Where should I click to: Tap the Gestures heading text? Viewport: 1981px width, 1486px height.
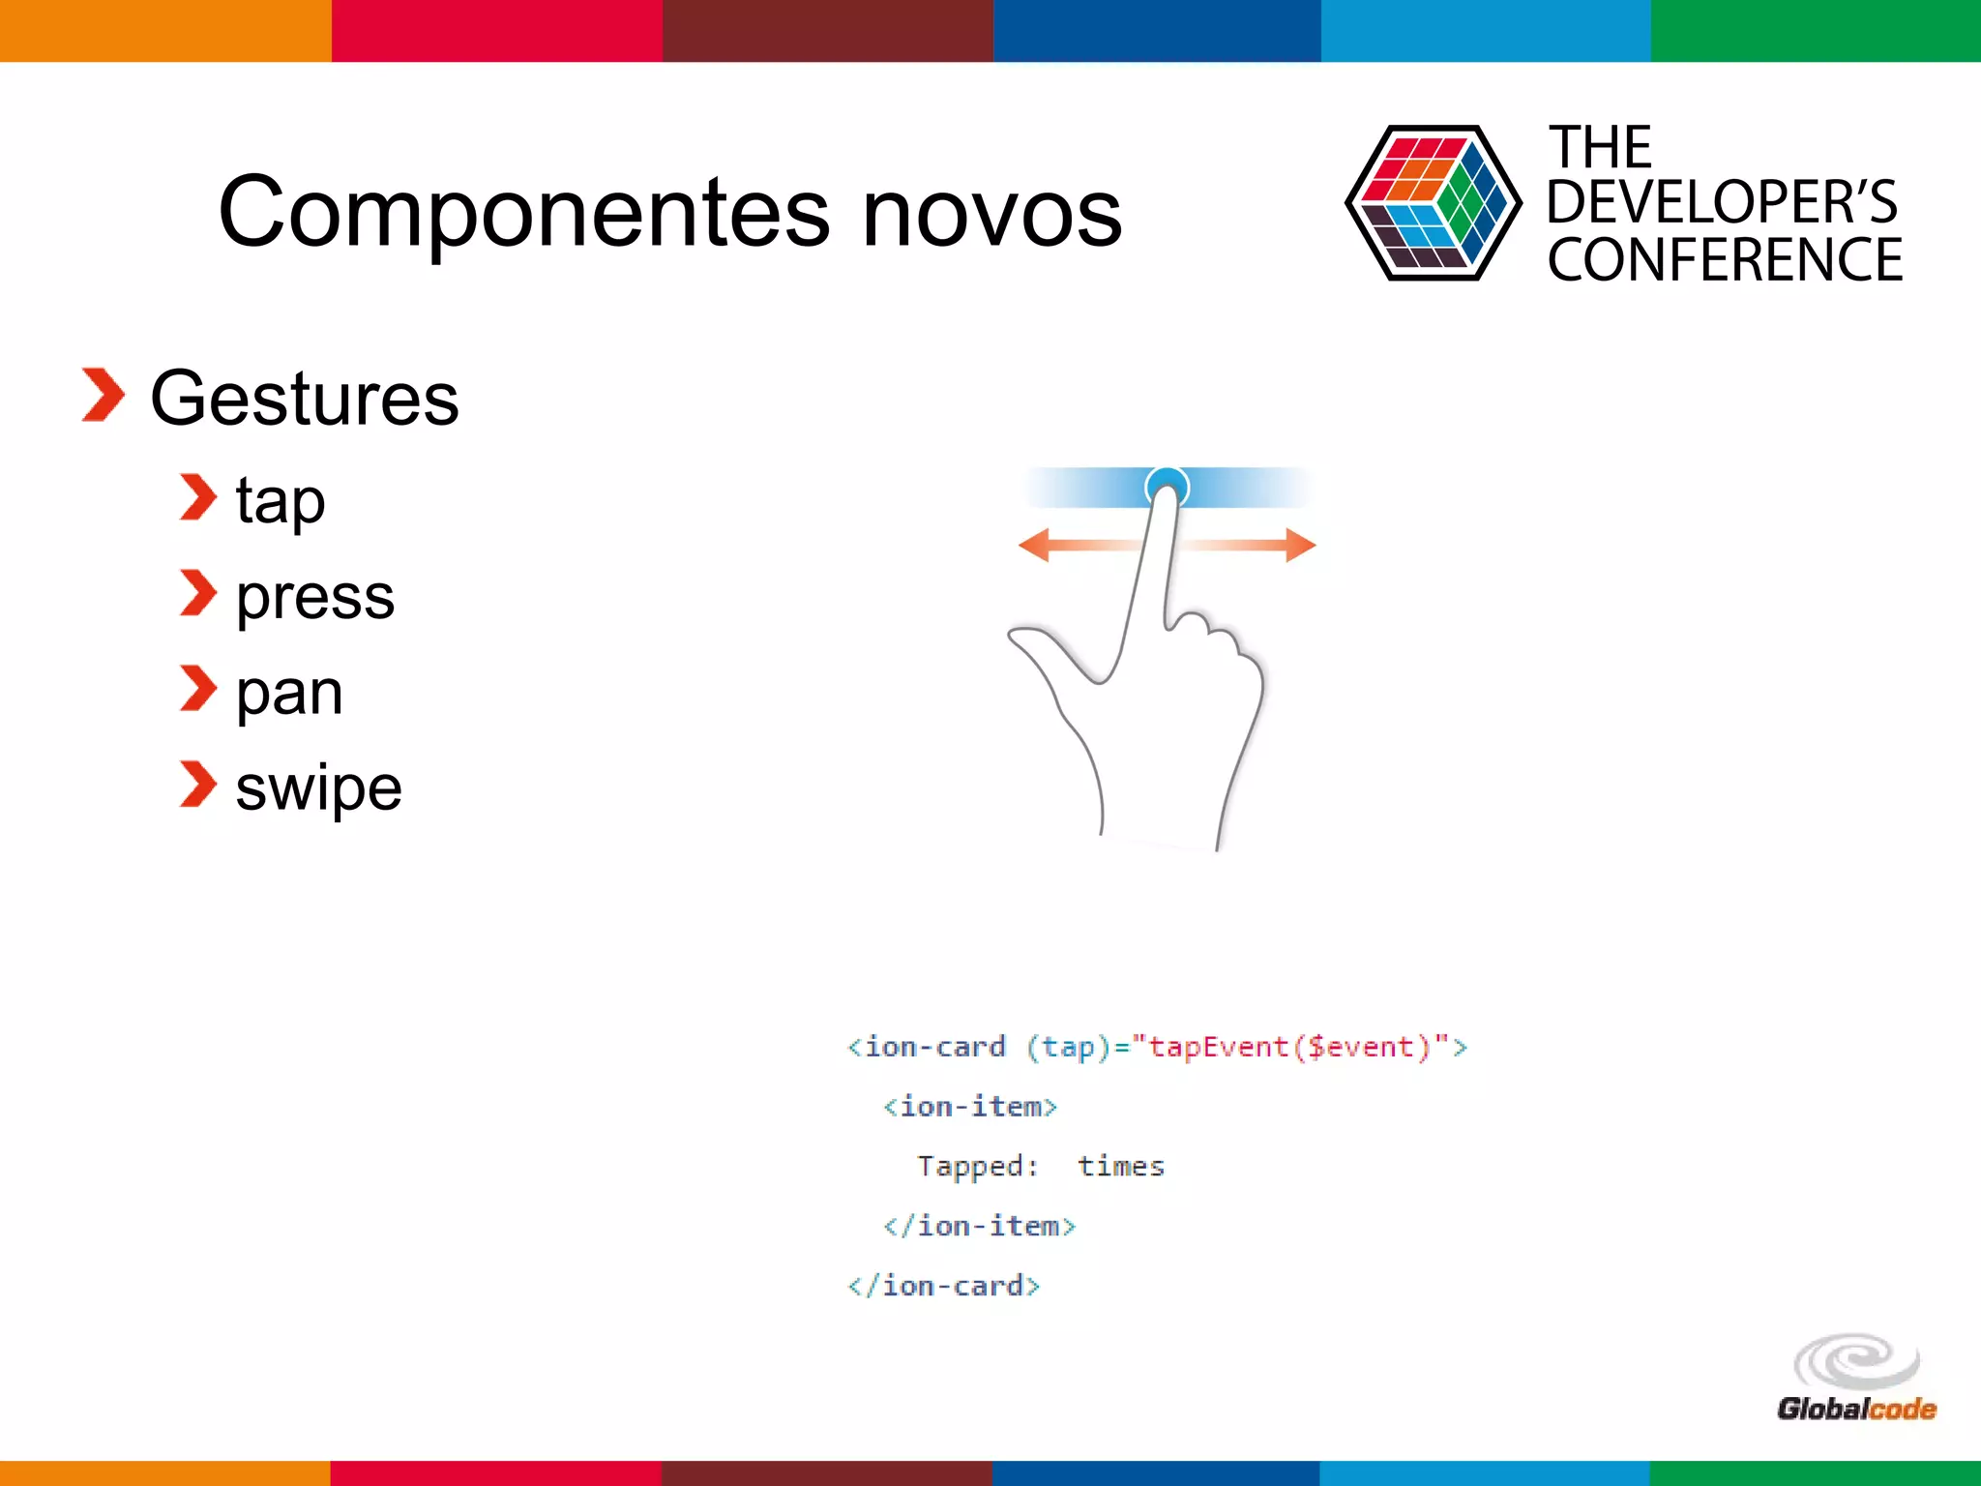pos(304,399)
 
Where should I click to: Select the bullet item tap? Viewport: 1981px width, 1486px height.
pos(280,501)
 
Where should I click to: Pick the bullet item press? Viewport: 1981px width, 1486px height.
pos(315,596)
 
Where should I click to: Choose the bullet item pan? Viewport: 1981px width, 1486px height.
pos(289,692)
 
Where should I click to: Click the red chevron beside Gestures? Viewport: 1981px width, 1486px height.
pos(103,395)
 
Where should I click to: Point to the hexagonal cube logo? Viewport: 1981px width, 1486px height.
pos(1433,203)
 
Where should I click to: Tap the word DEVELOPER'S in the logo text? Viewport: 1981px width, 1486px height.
pos(1721,202)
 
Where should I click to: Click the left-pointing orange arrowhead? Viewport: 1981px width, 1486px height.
pos(1034,545)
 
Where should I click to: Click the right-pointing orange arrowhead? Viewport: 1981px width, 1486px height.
pos(1300,545)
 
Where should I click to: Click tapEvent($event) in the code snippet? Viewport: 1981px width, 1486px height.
pos(1288,1047)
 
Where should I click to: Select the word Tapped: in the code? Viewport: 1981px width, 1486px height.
pos(977,1166)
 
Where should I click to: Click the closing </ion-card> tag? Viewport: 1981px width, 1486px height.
pos(943,1286)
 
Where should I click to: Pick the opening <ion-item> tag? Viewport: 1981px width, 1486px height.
pos(969,1107)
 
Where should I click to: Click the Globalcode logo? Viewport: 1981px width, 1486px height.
pos(1855,1379)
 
